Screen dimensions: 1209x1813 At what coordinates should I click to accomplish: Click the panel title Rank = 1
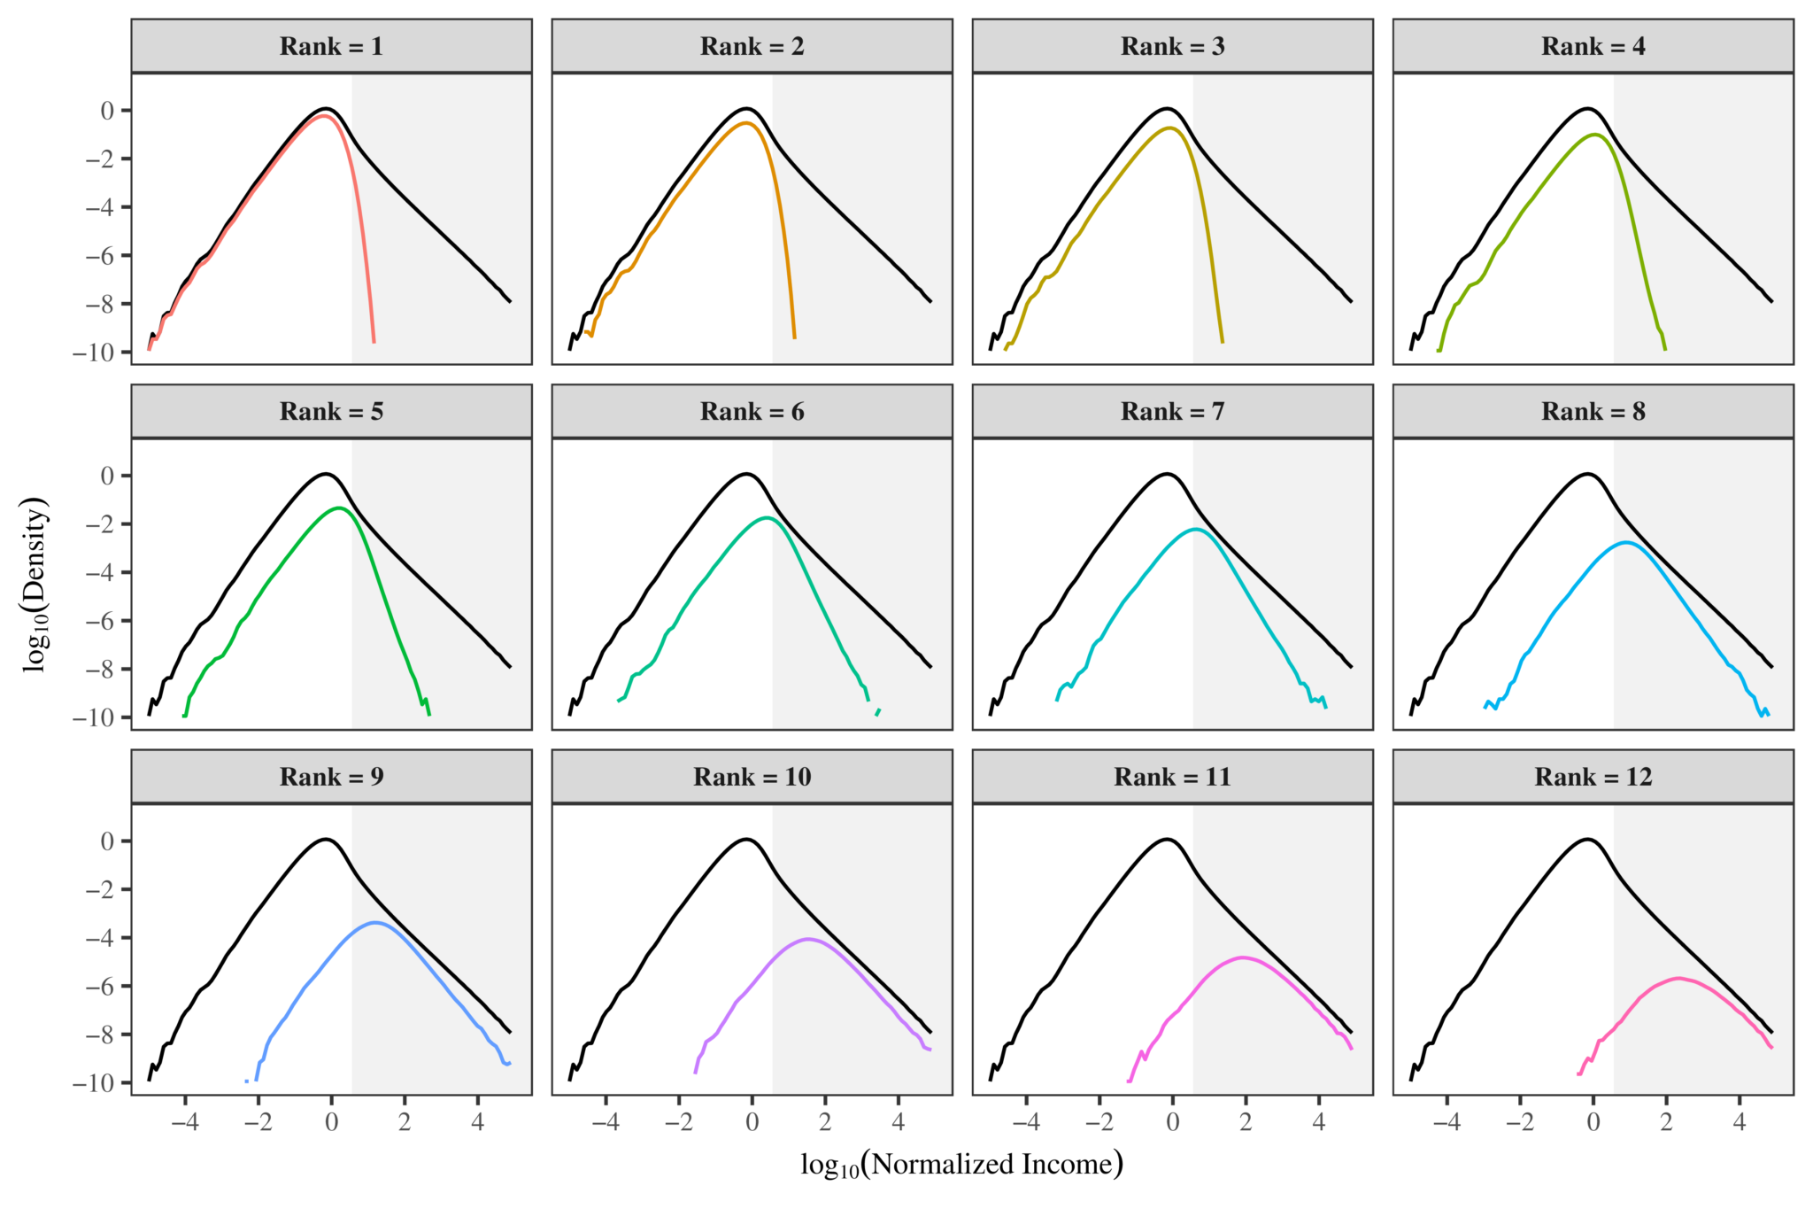pos(331,47)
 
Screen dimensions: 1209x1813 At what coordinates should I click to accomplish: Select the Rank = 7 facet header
pos(1172,412)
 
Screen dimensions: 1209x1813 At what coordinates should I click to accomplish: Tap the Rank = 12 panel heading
pos(1593,777)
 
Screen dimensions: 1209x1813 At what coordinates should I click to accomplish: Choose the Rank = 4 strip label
pos(1593,47)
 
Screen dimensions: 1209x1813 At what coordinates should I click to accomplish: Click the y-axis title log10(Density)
pos(35,585)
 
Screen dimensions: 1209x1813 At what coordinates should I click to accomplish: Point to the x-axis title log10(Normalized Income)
pos(961,1164)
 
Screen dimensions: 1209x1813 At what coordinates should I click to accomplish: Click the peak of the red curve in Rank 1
pos(325,116)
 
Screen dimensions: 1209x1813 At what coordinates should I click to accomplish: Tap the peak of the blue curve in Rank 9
pos(374,923)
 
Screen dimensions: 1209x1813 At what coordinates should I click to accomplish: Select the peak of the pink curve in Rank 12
pos(1678,978)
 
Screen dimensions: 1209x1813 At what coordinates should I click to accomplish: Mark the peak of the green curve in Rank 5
pos(339,508)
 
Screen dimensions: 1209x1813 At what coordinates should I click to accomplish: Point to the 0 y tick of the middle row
pos(107,476)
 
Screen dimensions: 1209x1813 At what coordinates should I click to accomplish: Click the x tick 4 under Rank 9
pos(478,1122)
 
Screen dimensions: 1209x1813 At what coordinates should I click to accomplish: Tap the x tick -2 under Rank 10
pos(678,1122)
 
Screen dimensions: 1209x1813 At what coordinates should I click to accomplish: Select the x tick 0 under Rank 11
pos(1172,1122)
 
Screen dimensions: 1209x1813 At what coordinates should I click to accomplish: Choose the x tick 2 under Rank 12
pos(1666,1122)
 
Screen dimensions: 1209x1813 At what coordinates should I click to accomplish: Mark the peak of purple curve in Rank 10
pos(807,939)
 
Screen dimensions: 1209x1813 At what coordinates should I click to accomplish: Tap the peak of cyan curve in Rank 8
pos(1626,542)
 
